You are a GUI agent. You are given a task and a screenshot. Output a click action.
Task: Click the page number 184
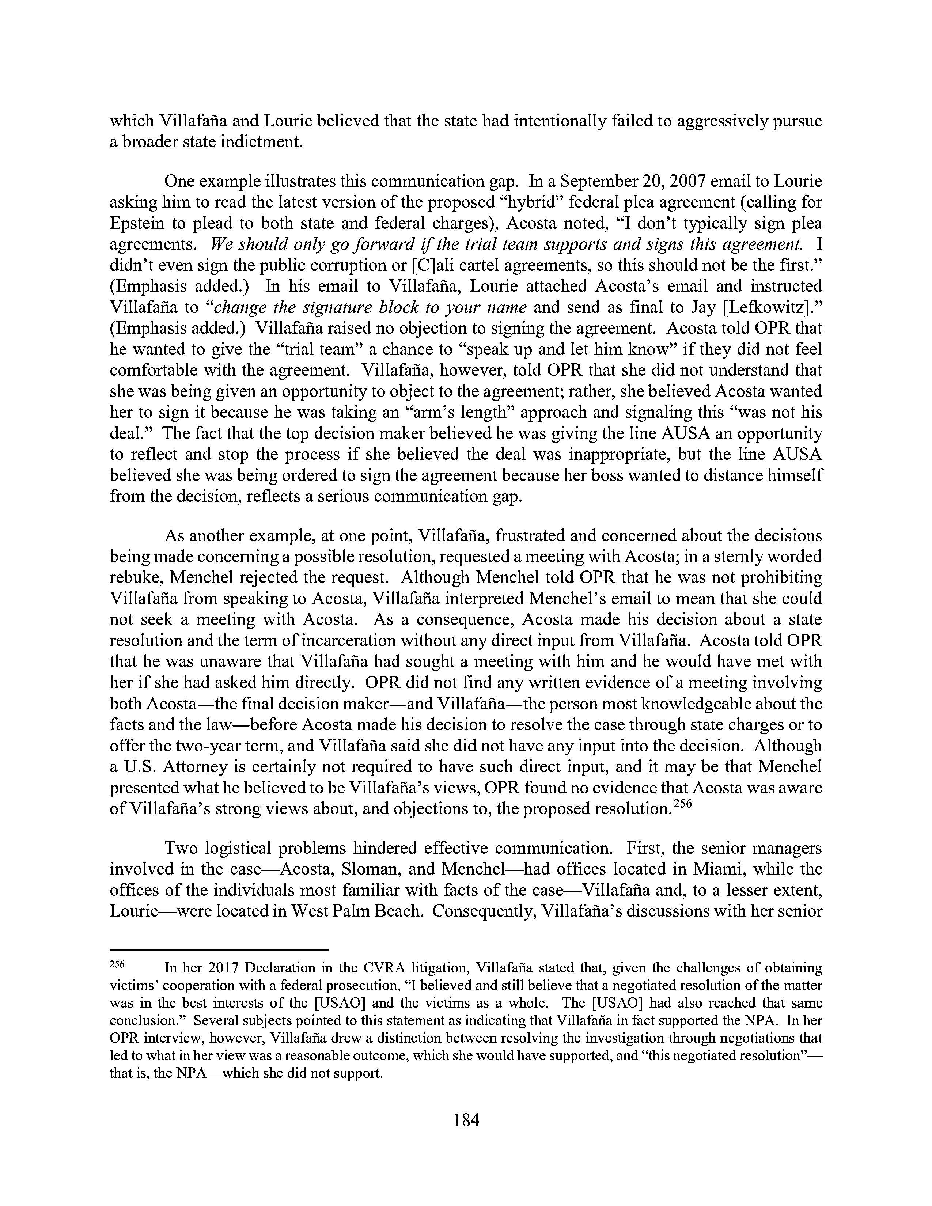pos(465,1120)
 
